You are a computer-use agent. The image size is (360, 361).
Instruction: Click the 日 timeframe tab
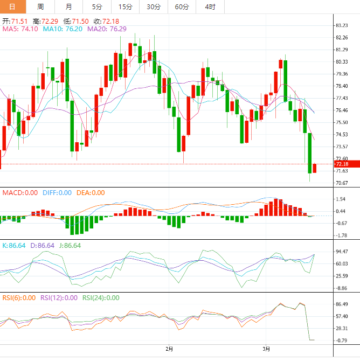click(13, 6)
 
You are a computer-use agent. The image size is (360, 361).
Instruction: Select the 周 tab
click(41, 6)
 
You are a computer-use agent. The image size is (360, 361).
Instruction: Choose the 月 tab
click(68, 6)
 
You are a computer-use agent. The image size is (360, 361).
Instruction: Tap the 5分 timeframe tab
click(96, 6)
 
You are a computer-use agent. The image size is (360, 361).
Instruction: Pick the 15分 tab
click(125, 6)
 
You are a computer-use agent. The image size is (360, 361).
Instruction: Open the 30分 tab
click(154, 6)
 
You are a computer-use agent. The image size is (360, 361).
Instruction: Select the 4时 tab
click(210, 6)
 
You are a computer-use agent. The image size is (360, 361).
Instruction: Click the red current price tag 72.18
click(343, 164)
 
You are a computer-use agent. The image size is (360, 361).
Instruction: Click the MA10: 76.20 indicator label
click(63, 29)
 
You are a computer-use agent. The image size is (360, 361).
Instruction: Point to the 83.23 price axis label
click(341, 25)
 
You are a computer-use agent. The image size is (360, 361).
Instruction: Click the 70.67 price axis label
click(341, 183)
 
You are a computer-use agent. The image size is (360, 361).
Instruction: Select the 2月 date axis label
click(169, 349)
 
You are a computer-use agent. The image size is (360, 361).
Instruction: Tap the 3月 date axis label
click(266, 349)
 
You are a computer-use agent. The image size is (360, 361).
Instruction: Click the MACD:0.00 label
click(20, 192)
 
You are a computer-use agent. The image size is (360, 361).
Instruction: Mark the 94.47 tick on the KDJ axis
click(341, 252)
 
